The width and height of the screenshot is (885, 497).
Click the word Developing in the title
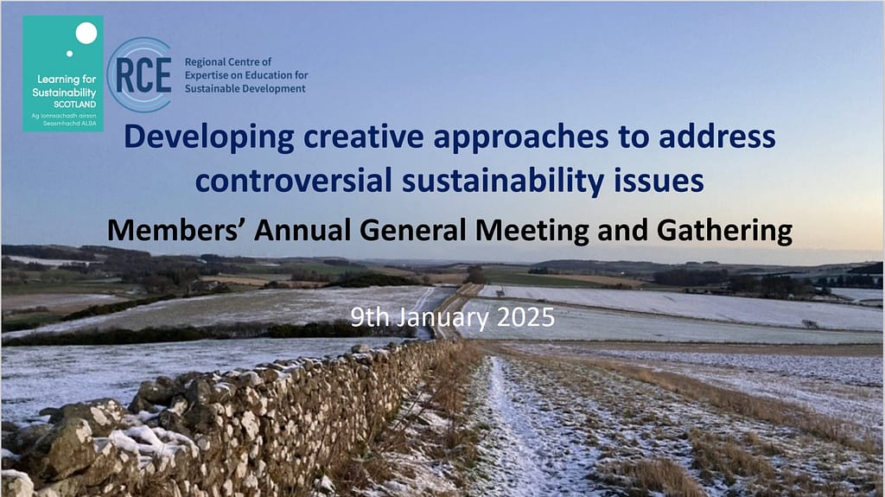coord(209,137)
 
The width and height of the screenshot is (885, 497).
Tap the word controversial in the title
coord(294,181)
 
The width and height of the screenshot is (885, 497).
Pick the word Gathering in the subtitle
coord(725,232)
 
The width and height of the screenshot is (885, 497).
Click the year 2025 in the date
coord(525,317)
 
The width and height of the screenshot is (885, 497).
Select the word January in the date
coord(442,319)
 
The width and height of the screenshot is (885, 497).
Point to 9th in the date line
coord(370,317)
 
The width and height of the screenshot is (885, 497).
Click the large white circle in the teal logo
coord(86,34)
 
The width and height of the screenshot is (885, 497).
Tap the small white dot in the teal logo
coord(69,54)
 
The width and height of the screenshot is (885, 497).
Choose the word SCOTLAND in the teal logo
coord(75,105)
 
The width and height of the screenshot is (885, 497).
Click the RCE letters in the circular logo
coord(143,75)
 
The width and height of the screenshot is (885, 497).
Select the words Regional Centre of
coord(228,61)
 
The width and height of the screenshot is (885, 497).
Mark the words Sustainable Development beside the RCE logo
coord(245,89)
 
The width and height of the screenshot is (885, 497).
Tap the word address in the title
coord(717,137)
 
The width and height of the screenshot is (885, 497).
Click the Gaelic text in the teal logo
coord(64,119)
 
